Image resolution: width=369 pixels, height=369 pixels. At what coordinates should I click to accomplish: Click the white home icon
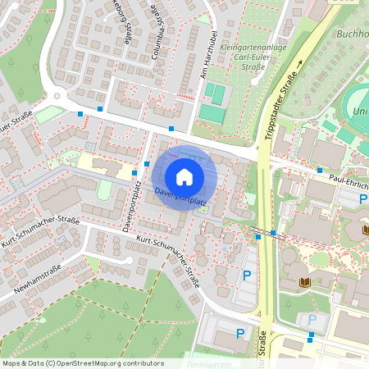[x=184, y=175]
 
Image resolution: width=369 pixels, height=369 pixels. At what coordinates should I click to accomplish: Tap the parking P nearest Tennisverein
[x=240, y=333]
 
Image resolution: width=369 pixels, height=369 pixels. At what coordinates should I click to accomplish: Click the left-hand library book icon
[x=306, y=284]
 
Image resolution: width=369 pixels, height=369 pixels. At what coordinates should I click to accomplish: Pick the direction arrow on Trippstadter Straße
[x=300, y=62]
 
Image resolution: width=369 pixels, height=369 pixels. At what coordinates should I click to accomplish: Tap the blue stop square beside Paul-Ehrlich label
[x=319, y=171]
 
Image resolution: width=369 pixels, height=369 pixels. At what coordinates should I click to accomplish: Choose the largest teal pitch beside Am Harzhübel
[x=212, y=113]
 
